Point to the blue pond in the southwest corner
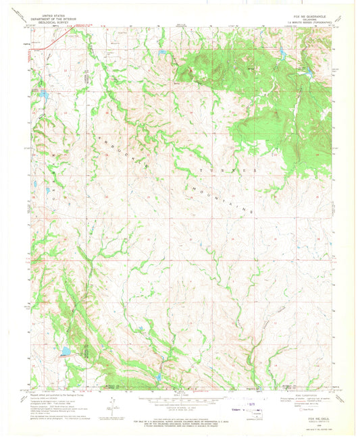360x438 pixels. [66, 351]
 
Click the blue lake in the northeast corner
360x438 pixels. [308, 70]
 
